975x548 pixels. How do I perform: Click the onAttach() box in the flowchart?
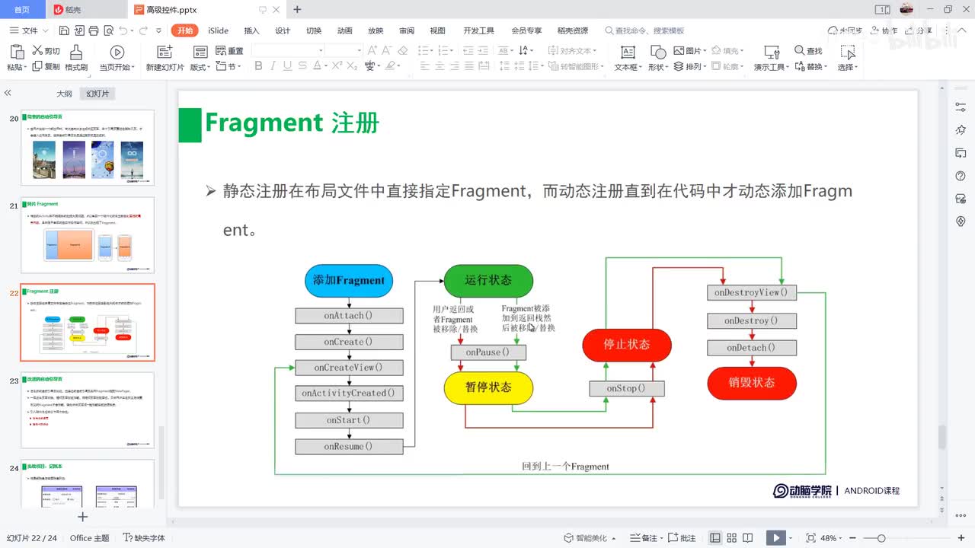click(x=348, y=315)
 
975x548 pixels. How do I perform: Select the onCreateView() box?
click(x=348, y=368)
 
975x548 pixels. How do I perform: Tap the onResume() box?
click(x=348, y=446)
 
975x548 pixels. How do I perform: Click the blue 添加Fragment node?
click(x=348, y=280)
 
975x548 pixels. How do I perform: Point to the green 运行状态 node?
click(x=488, y=280)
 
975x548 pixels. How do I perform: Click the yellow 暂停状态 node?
click(x=488, y=387)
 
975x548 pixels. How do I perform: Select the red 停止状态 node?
click(x=626, y=345)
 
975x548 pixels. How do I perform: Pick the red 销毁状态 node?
click(x=751, y=383)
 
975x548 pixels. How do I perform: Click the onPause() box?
click(x=488, y=352)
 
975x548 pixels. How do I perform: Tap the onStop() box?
click(x=626, y=388)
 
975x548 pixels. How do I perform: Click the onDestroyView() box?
click(x=751, y=292)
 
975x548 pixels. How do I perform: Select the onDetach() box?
click(x=751, y=348)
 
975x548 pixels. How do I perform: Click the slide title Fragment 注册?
click(x=292, y=123)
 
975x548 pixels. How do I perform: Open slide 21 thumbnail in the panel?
click(x=87, y=236)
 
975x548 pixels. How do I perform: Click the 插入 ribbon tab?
click(x=251, y=30)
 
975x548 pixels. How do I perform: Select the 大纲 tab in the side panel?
click(x=64, y=94)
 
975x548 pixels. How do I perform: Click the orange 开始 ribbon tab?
click(x=185, y=30)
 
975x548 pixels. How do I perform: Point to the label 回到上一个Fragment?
click(x=565, y=466)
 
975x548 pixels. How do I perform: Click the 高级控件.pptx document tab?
click(x=171, y=10)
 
